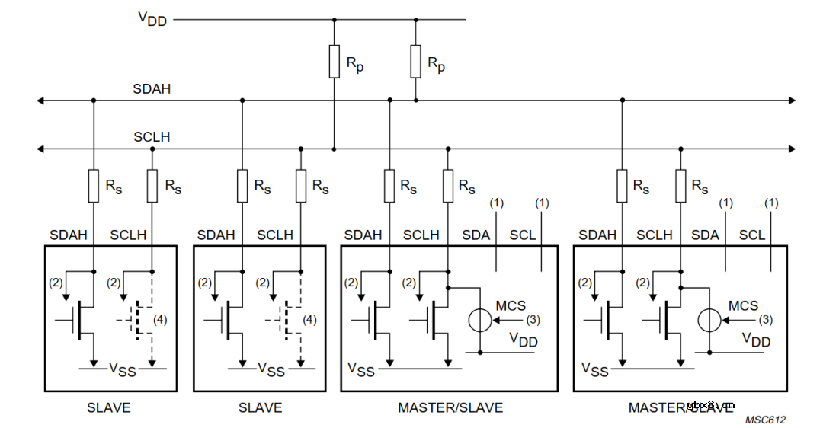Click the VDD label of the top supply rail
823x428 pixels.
[152, 19]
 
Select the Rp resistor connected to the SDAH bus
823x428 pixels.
[416, 61]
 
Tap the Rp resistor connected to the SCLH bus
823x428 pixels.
[335, 61]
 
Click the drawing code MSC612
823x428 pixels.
[765, 420]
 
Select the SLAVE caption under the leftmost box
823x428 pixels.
[108, 407]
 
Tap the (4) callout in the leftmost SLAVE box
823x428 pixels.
[159, 320]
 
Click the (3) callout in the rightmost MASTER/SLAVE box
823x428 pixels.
[765, 321]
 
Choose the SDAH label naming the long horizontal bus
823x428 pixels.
[152, 89]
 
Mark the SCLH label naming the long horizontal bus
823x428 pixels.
[152, 137]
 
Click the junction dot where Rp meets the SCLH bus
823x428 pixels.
[335, 149]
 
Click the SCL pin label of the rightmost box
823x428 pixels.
[752, 235]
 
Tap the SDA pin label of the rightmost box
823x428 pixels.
[705, 235]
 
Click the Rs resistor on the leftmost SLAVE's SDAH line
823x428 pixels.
[94, 187]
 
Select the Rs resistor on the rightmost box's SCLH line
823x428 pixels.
[680, 187]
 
